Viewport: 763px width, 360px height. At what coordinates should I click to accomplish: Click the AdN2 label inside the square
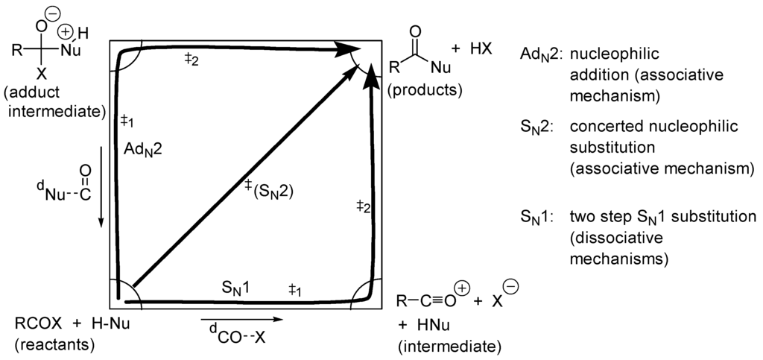pyautogui.click(x=142, y=150)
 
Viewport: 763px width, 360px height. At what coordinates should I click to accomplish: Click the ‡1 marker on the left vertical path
pyautogui.click(x=127, y=121)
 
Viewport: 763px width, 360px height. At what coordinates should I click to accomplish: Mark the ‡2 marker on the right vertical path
pyautogui.click(x=363, y=205)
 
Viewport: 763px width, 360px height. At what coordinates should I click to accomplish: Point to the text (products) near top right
pyautogui.click(x=425, y=90)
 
